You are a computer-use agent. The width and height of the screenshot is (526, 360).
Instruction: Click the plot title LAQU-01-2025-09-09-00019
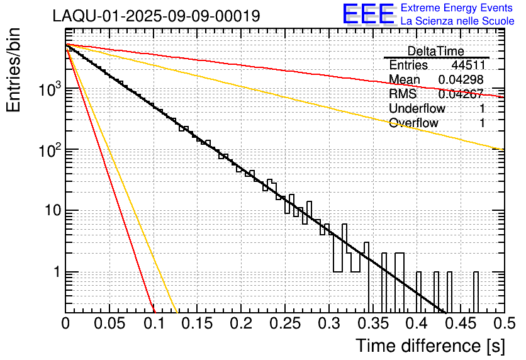(156, 16)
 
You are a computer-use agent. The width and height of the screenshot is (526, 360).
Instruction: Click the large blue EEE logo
(368, 15)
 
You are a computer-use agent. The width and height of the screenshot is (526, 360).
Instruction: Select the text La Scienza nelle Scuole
(457, 21)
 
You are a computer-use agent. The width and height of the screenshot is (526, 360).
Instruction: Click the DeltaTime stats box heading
(435, 51)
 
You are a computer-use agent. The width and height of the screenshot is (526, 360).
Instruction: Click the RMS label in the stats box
(402, 94)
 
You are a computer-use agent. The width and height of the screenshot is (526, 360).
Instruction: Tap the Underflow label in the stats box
(417, 108)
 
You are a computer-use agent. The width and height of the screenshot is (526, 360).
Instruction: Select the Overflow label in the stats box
(413, 123)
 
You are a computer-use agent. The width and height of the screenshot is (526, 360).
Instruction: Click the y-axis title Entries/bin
(18, 71)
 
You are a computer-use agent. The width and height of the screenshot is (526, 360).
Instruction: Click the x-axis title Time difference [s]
(430, 346)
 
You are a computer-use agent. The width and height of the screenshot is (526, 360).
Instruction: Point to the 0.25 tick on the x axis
(285, 323)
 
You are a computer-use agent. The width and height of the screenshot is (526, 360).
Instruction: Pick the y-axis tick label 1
(55, 273)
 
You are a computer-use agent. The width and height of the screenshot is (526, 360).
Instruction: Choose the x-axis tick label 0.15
(197, 323)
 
